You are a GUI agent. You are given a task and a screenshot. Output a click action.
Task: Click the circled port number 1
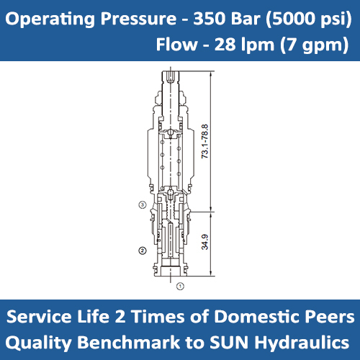tap(181, 286)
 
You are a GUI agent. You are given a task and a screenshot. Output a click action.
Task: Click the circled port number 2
tap(143, 250)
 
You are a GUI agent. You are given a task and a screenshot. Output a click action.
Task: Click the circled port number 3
tap(143, 205)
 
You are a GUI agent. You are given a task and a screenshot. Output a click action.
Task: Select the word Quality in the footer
tap(45, 341)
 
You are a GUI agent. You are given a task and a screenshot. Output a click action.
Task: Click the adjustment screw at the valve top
tap(171, 78)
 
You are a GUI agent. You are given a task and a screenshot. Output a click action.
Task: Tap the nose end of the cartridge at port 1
tap(171, 272)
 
